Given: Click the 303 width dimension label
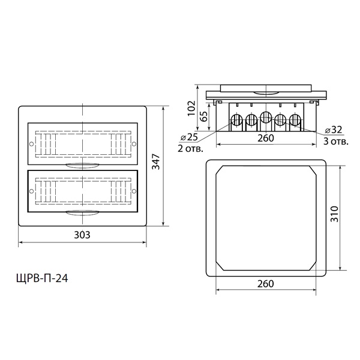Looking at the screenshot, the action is pos(82,235).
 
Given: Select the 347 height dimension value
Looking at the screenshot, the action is pos(157,161).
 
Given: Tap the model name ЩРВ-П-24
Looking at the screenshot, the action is pos(42,279).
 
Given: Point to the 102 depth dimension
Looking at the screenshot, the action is pos(191,108).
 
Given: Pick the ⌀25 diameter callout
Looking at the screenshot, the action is pos(189,137).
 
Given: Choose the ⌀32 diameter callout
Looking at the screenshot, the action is pos(334,130).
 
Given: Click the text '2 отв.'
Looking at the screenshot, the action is pos(191,149).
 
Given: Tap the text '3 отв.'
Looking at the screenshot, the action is pos(336,142).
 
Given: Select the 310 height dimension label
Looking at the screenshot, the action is pos(335,214).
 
